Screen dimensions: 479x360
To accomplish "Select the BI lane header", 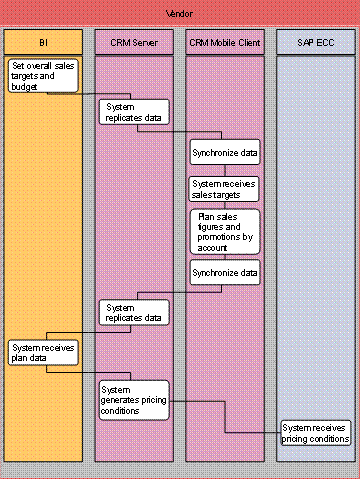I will [x=46, y=44].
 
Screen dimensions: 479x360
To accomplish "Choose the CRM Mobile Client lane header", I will [x=226, y=44].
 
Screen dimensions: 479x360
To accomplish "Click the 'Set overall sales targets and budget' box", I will [x=44, y=76].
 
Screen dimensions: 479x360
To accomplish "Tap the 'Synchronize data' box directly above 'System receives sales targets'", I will [x=224, y=154].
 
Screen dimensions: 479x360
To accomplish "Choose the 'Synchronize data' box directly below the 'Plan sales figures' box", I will [x=224, y=271].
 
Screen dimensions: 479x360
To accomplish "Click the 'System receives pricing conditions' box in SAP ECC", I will [x=315, y=432].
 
